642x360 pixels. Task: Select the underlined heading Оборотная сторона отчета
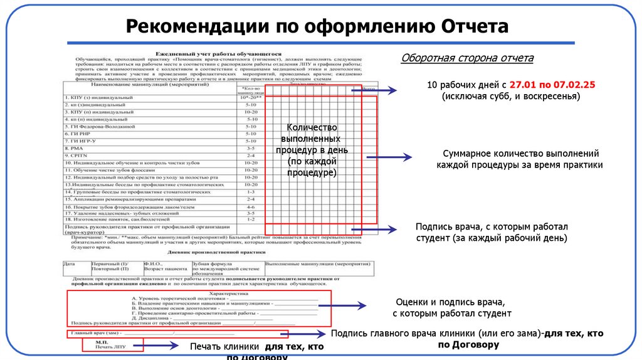click(x=467, y=58)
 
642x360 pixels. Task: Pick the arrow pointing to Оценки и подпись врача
click(x=342, y=306)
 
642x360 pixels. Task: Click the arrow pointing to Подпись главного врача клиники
click(x=307, y=334)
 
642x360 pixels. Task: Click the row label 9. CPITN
click(x=78, y=155)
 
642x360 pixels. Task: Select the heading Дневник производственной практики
click(x=218, y=250)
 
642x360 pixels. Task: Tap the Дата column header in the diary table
click(x=70, y=264)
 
